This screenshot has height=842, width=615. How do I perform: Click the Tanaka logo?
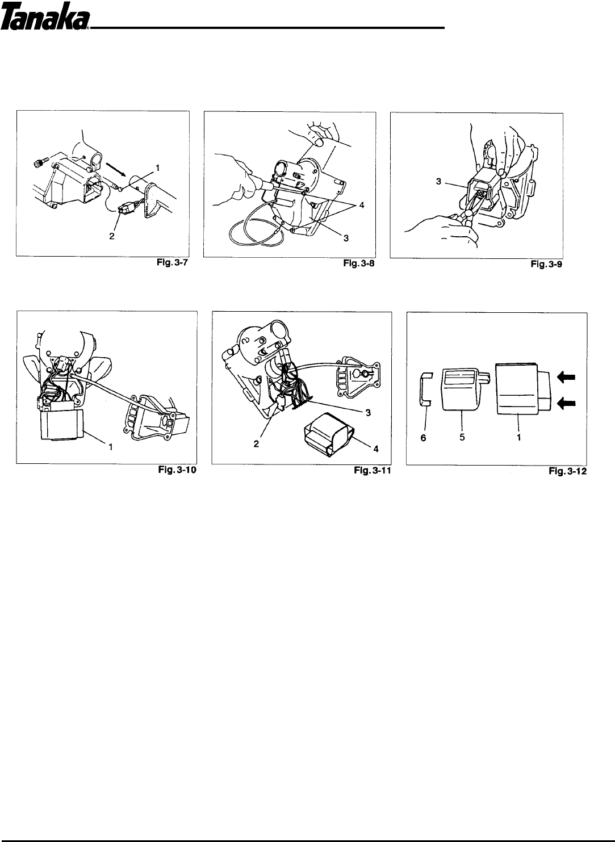click(x=46, y=21)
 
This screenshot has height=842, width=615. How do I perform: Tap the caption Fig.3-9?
click(x=548, y=265)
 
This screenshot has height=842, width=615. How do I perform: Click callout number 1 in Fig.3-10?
click(x=110, y=447)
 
